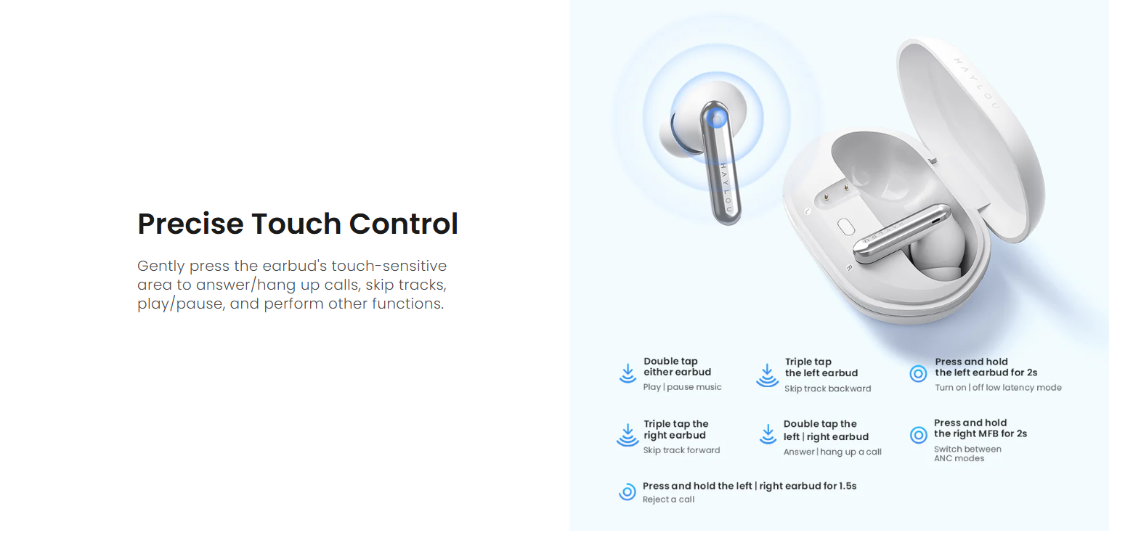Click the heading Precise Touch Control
coord(298,224)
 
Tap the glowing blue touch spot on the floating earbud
coord(717,119)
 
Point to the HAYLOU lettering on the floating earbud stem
coord(726,188)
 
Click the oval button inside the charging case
coord(846,227)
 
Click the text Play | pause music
coord(682,387)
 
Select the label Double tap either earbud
coord(677,367)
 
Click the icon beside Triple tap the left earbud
coord(767,375)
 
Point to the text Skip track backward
coord(827,389)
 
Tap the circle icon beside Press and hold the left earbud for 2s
coord(919,374)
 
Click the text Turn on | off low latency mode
coord(998,388)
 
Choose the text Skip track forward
coord(681,450)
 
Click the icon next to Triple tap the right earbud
coord(628,435)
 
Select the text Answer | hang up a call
coord(832,452)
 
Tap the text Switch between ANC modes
coord(967,454)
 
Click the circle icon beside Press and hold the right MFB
coord(919,436)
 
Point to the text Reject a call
coord(668,500)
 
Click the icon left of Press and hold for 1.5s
coord(628,492)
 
